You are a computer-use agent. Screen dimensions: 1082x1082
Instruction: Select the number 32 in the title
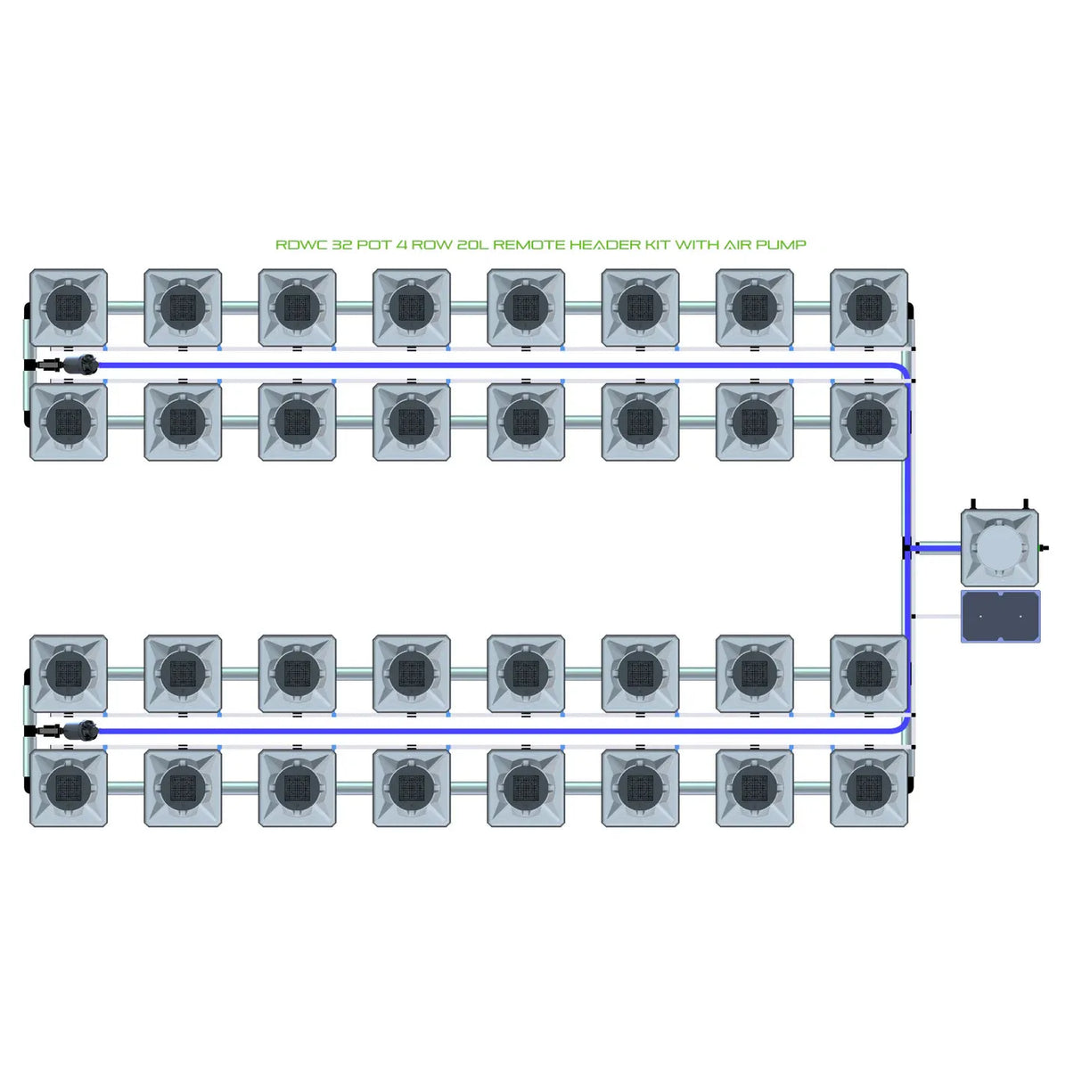pos(341,245)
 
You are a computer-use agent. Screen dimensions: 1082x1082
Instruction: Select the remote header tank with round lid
pos(999,546)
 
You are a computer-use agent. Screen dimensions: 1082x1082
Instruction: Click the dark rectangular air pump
pos(1000,616)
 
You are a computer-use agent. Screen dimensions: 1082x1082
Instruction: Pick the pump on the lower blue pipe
pos(79,731)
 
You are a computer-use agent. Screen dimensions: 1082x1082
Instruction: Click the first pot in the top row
pos(69,308)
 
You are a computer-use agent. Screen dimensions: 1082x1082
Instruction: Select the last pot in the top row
pos(869,308)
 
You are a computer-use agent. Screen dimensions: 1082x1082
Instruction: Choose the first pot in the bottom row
pos(69,788)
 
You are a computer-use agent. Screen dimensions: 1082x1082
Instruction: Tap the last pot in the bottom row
pos(869,788)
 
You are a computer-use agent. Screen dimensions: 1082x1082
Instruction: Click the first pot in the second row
pos(69,422)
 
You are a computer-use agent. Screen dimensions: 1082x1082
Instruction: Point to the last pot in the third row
pos(869,674)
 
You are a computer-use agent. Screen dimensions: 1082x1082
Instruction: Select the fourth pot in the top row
pos(412,308)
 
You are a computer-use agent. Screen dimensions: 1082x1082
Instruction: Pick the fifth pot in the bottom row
pos(526,788)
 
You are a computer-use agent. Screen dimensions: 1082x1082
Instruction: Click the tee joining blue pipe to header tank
pos(908,547)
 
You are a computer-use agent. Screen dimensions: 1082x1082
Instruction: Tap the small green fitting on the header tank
pos(1044,547)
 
